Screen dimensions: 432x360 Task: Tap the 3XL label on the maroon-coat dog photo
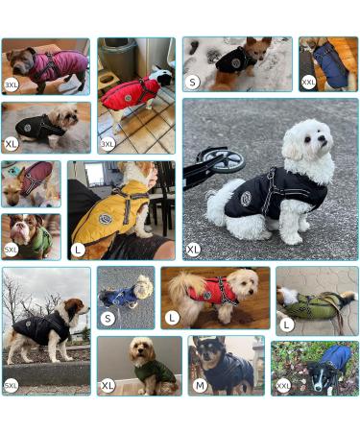12,84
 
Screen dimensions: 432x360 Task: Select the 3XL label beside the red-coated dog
108,144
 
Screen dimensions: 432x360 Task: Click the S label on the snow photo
193,83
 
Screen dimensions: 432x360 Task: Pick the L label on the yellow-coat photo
78,249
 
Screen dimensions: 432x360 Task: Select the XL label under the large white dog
193,249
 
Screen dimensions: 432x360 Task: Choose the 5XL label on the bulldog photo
12,249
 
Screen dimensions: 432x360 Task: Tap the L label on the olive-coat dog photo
286,324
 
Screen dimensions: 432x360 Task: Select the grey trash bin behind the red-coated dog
115,58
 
